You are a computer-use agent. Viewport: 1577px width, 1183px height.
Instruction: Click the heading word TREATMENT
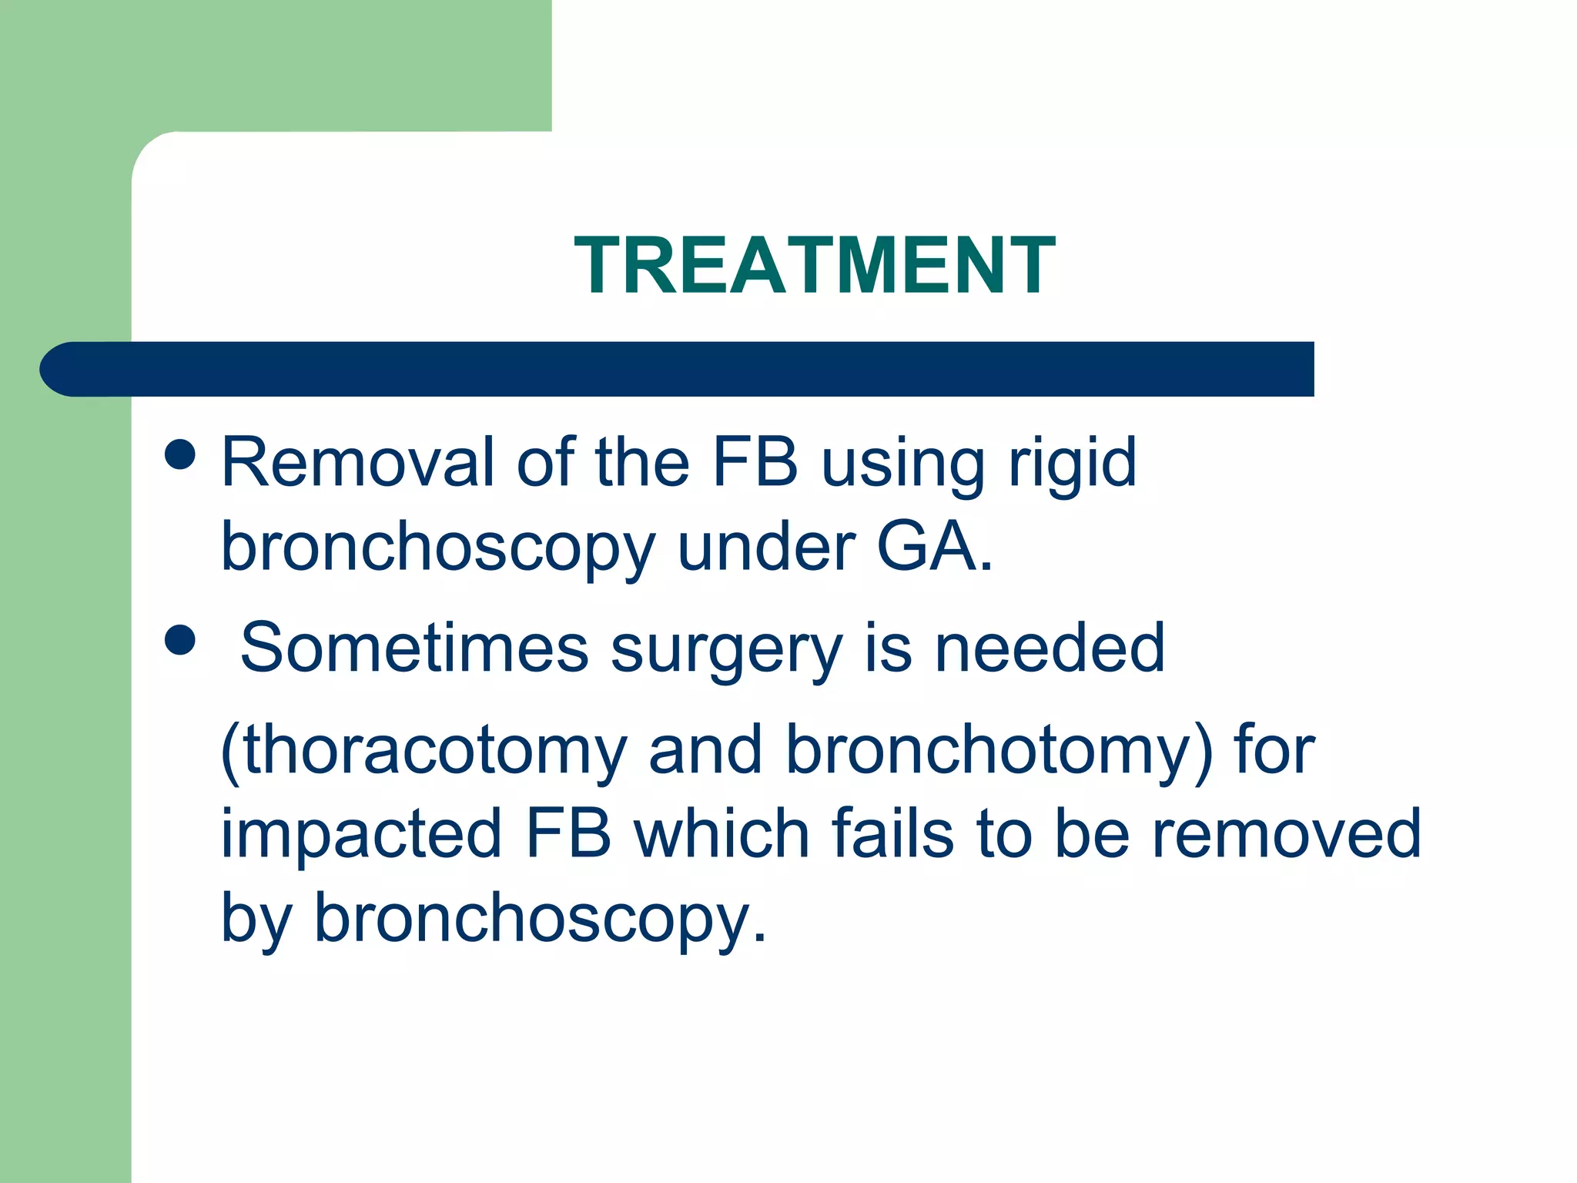tap(815, 266)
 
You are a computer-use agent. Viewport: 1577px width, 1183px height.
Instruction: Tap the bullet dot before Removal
tap(180, 454)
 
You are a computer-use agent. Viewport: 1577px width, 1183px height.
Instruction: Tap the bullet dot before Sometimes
tap(180, 639)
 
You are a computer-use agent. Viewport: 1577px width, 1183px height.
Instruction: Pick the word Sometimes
tap(414, 648)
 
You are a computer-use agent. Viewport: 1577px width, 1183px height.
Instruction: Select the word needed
tap(1049, 648)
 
